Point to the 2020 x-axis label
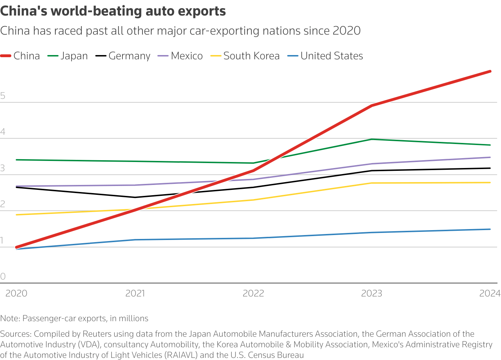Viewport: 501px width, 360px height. tap(16, 293)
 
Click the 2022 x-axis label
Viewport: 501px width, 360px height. tap(253, 293)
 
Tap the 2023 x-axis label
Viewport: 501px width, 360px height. tap(372, 293)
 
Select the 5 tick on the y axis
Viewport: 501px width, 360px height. tap(3, 96)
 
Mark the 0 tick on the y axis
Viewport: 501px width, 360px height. tap(3, 276)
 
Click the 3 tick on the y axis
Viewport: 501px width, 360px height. tap(3, 168)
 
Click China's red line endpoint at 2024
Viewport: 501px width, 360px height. tap(490, 71)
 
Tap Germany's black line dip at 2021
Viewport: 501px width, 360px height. tap(135, 197)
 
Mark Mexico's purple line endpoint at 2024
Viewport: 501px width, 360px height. tap(490, 157)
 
